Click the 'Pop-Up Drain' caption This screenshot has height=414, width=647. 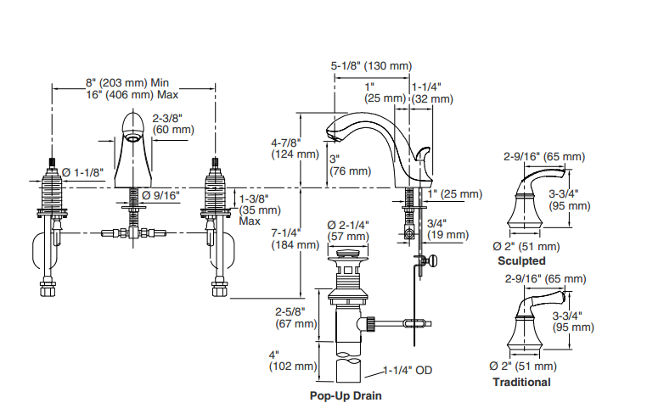point(346,396)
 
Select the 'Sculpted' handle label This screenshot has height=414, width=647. point(521,261)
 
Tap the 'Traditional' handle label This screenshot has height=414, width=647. point(521,383)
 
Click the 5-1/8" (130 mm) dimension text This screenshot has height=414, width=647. point(371,66)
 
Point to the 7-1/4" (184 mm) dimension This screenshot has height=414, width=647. point(295,239)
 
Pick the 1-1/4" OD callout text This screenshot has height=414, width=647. point(408,370)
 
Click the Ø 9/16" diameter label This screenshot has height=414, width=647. point(161,195)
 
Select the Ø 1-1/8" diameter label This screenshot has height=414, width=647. point(82,172)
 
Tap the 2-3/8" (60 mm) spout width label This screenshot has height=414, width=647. point(173,124)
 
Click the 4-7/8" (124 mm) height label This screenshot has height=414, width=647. point(295,148)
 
